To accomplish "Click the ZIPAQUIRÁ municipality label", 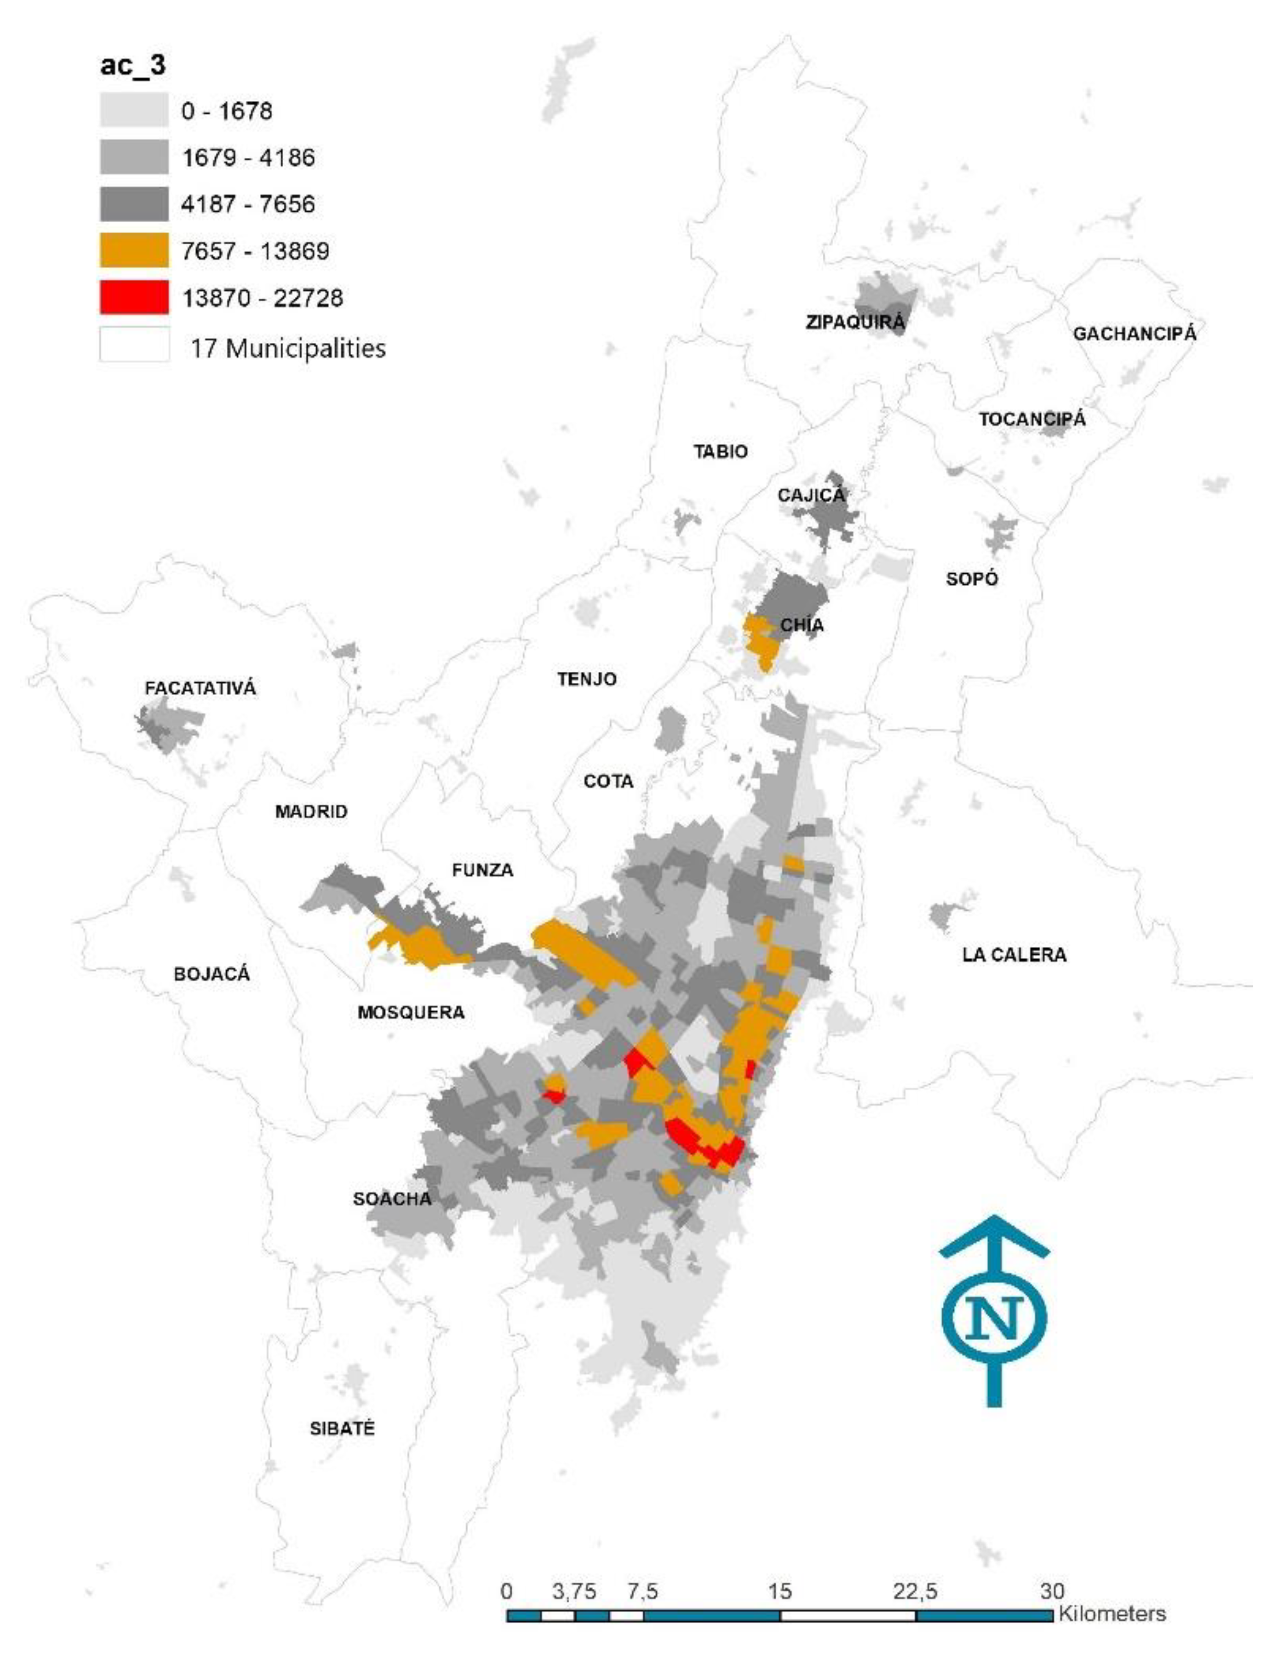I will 855,322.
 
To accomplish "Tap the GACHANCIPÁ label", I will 1134,334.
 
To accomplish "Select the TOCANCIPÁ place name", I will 1032,419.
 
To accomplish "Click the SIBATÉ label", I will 342,1429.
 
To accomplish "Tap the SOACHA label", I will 392,1199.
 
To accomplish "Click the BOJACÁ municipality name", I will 211,974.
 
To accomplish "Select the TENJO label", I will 587,679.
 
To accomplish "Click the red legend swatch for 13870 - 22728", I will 133,297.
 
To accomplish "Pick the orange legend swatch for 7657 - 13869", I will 133,251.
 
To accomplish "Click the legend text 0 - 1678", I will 226,111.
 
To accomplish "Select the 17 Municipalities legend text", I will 287,349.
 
